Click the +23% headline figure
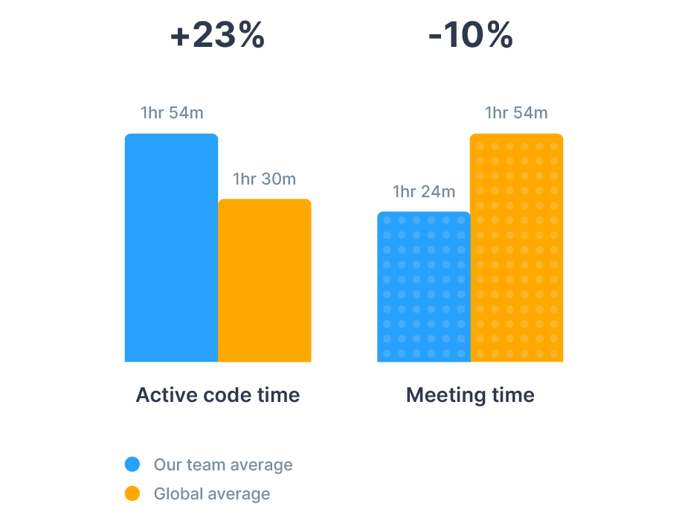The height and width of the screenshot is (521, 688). click(x=217, y=36)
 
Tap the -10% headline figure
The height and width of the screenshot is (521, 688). click(x=470, y=36)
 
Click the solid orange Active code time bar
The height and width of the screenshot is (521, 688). click(x=265, y=281)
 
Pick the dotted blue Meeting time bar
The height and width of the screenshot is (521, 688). click(x=424, y=287)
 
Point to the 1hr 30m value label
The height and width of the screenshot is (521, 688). click(x=264, y=179)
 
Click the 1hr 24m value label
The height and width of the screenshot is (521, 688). click(x=424, y=192)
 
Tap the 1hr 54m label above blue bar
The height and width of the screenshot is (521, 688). click(x=172, y=113)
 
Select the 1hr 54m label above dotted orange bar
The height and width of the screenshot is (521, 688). click(x=516, y=113)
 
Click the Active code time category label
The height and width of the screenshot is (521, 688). click(x=218, y=395)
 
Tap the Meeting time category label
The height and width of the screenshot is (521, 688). click(x=470, y=395)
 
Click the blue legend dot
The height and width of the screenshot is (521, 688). click(x=132, y=465)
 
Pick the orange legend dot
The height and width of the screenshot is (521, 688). click(x=132, y=493)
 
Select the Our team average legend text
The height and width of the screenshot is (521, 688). click(x=223, y=465)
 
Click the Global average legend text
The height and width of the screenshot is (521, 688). click(x=212, y=493)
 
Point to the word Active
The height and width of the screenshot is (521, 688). click(x=158, y=395)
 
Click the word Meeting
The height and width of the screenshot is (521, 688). click(x=436, y=395)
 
